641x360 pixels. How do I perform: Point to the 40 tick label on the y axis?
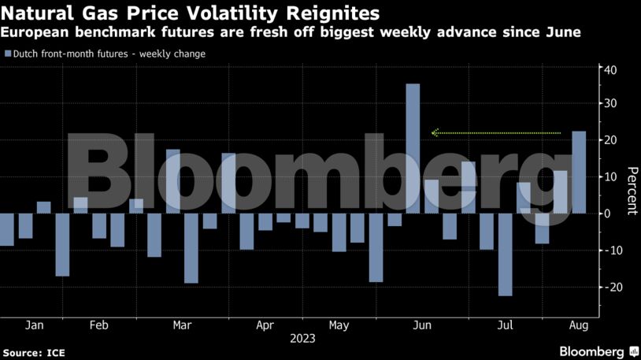[x=611, y=70]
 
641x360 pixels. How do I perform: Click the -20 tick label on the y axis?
[x=610, y=287]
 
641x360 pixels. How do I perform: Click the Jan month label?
[x=35, y=325]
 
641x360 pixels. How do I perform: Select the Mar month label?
[x=182, y=325]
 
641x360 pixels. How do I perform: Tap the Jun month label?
[x=422, y=325]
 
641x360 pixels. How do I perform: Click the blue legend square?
[x=8, y=54]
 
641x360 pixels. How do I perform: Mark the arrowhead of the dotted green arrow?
[x=434, y=133]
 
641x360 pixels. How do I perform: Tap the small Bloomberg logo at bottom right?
[x=598, y=351]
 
